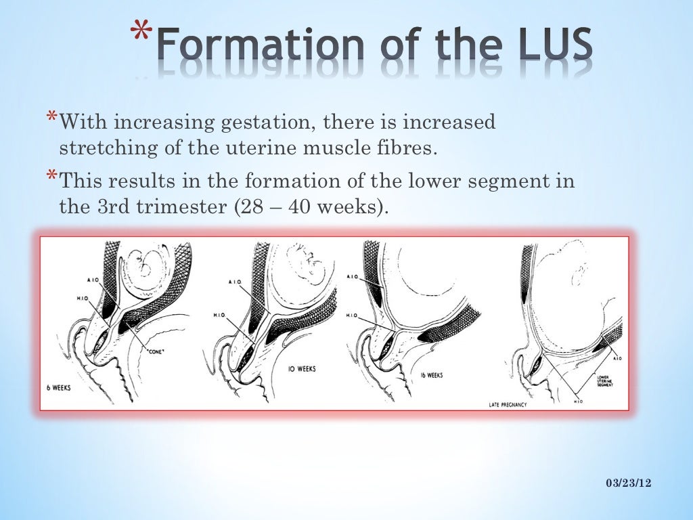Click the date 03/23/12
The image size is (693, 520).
pos(628,481)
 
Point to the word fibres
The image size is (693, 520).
pos(401,148)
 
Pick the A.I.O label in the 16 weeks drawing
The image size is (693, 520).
pos(353,276)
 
